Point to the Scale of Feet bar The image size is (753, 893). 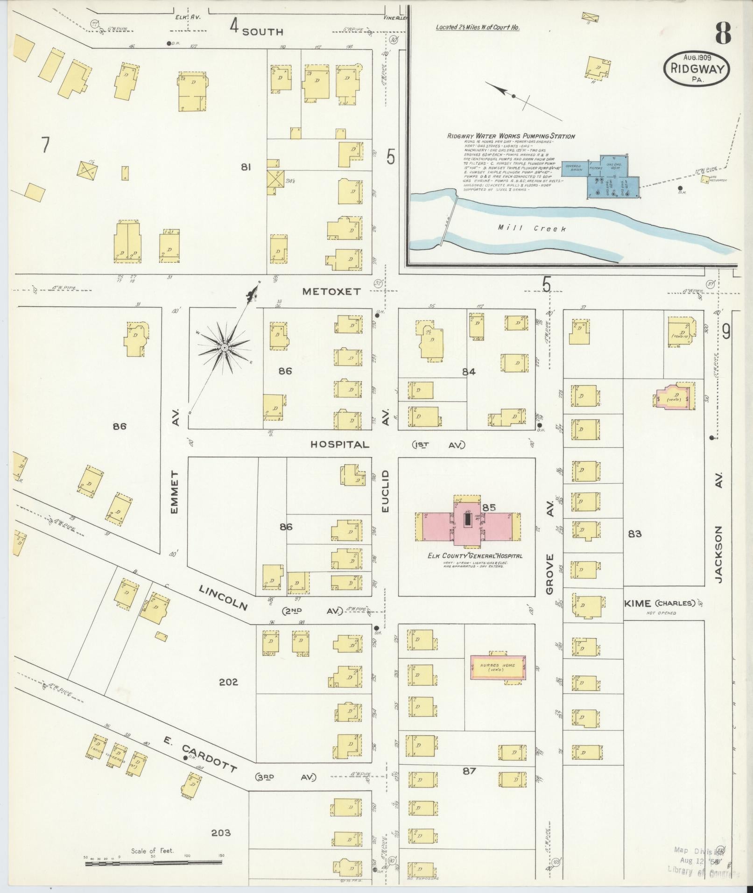click(x=154, y=864)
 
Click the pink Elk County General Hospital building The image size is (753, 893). click(x=468, y=522)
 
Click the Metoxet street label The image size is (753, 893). click(x=331, y=291)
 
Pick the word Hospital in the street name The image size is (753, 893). click(x=340, y=444)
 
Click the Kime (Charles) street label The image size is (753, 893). click(x=663, y=603)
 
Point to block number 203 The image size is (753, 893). click(x=221, y=832)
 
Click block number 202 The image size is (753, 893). click(x=228, y=682)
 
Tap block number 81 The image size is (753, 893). click(x=246, y=167)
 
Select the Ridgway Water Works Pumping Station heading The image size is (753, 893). click(x=511, y=136)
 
